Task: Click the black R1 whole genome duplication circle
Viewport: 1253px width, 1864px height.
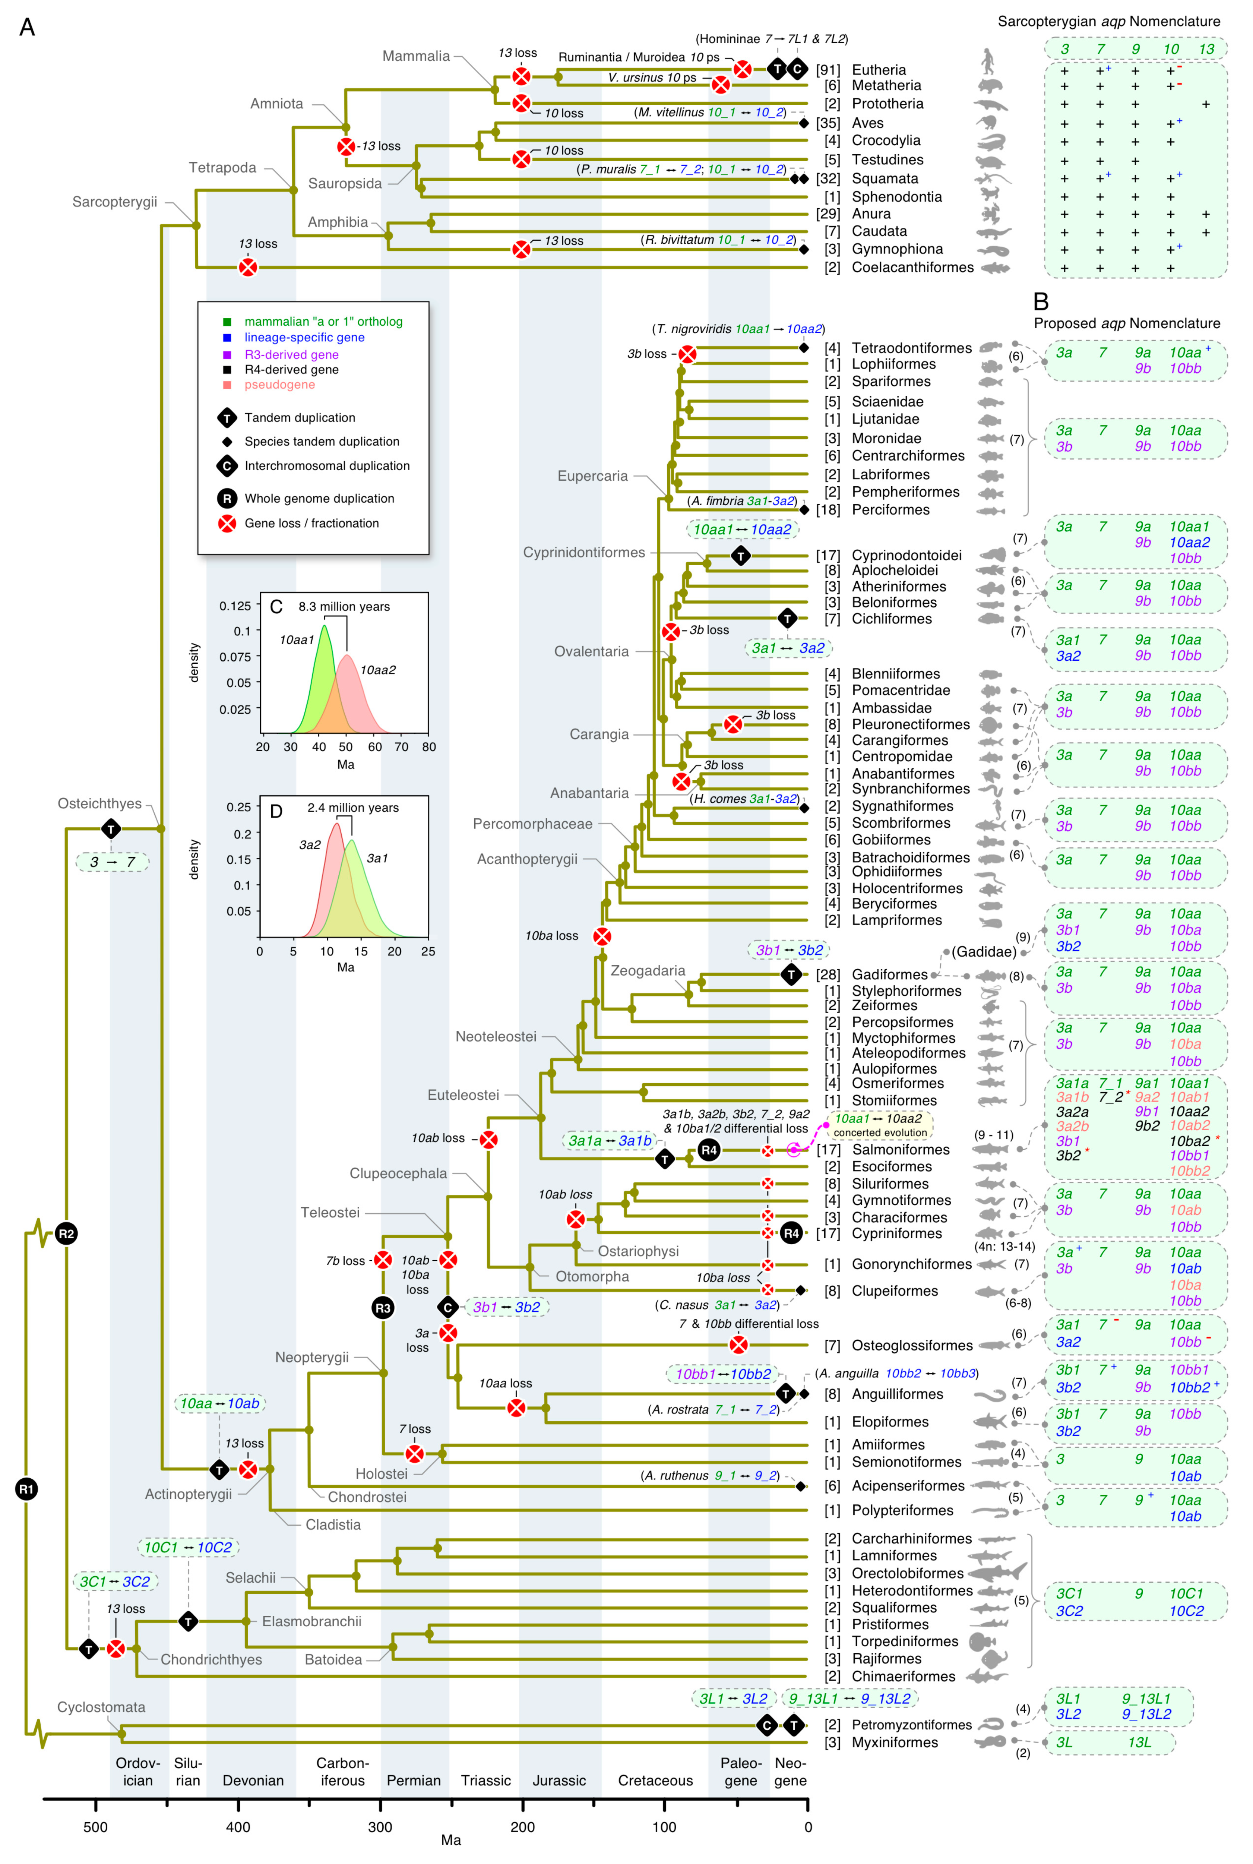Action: pos(26,1488)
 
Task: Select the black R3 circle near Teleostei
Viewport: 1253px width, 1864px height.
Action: pos(383,1308)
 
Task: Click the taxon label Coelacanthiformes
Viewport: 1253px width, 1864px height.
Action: pos(912,267)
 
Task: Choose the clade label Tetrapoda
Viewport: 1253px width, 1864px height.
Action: pos(222,167)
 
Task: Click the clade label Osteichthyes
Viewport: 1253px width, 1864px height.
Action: pos(99,803)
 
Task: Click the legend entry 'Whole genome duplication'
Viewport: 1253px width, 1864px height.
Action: pos(319,498)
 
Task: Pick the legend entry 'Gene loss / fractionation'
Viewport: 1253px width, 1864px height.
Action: pos(311,523)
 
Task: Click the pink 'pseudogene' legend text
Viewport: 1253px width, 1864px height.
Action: pos(280,385)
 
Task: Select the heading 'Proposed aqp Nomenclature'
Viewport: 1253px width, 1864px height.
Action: pos(1127,323)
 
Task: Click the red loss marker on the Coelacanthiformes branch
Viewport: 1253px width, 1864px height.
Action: pos(248,267)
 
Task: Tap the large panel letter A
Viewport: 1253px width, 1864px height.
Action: pos(27,27)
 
